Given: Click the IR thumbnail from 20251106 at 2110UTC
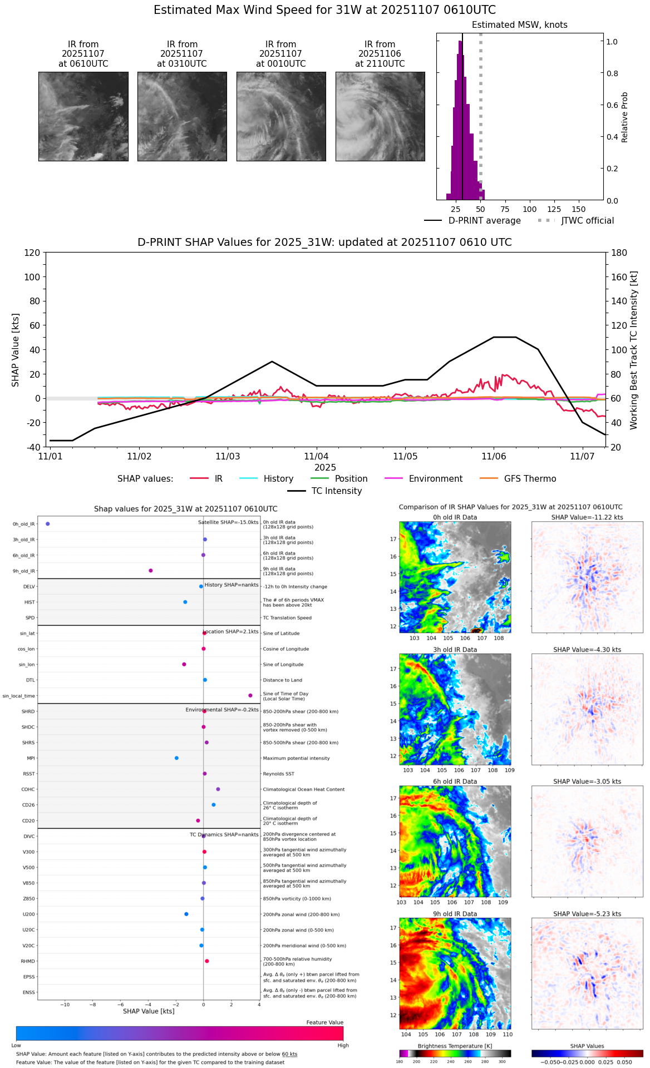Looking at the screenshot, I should pyautogui.click(x=380, y=116).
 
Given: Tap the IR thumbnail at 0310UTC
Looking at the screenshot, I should pyautogui.click(x=182, y=116).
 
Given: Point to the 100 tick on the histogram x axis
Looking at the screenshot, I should pyautogui.click(x=530, y=209).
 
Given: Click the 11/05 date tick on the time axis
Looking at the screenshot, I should pyautogui.click(x=405, y=456).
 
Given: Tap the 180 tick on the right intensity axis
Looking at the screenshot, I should pyautogui.click(x=619, y=253).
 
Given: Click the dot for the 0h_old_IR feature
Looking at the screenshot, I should pyautogui.click(x=48, y=524).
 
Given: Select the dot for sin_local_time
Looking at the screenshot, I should pyautogui.click(x=250, y=695).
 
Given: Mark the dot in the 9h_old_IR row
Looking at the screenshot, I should pyautogui.click(x=151, y=571).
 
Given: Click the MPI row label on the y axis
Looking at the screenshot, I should pyautogui.click(x=31, y=758).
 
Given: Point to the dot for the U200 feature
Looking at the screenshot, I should pyautogui.click(x=186, y=914).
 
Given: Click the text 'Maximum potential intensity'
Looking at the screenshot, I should pyautogui.click(x=296, y=758).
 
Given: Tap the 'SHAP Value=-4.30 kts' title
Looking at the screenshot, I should pyautogui.click(x=587, y=650).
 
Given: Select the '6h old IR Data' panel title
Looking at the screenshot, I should pyautogui.click(x=455, y=782).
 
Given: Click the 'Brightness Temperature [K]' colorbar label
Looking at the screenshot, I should pyautogui.click(x=455, y=1046).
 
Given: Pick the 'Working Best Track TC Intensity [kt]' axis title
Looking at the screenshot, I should pyautogui.click(x=633, y=350).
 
